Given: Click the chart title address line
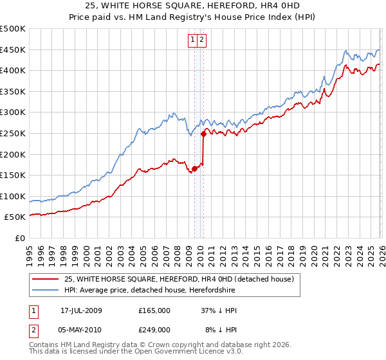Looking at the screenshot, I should pos(192,6).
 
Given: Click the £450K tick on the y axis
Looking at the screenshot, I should pos(13,50).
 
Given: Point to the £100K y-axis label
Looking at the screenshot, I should pos(13,196).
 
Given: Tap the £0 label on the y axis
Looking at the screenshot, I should pos(19,238).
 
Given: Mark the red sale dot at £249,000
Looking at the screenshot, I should pos(203,134).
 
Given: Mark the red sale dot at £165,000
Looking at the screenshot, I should pos(194,169).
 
